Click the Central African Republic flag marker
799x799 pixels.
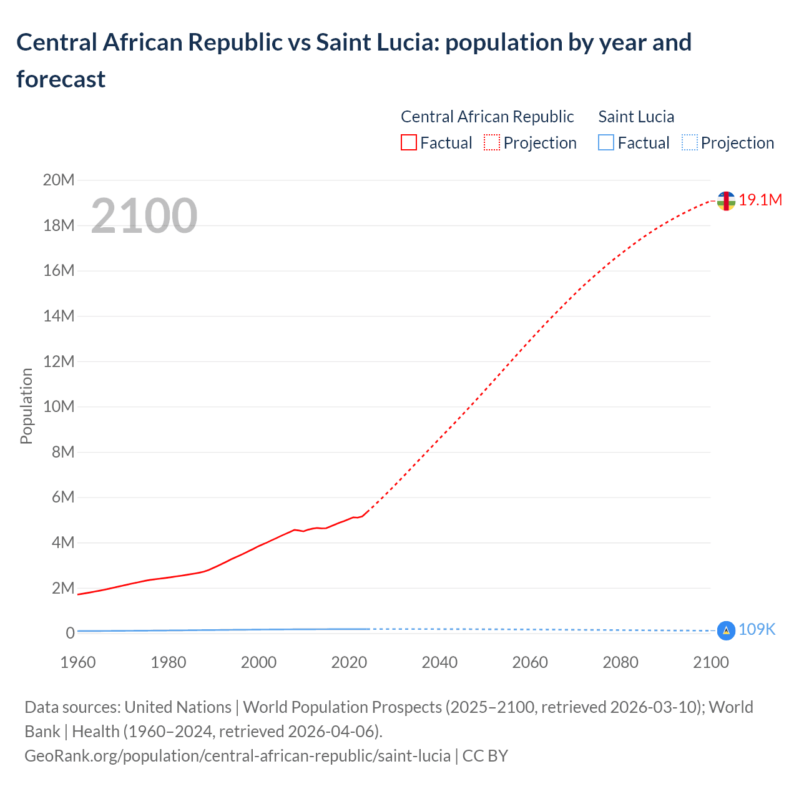click(x=726, y=201)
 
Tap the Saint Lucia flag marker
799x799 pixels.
click(x=726, y=630)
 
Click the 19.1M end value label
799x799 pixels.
click(x=760, y=200)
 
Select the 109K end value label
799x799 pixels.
click(x=757, y=629)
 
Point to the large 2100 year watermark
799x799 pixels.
click(x=144, y=216)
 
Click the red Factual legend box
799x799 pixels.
click(x=408, y=143)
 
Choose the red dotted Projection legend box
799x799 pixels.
click(x=492, y=143)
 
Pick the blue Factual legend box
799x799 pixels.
click(x=605, y=143)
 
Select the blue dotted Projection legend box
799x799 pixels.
click(x=689, y=143)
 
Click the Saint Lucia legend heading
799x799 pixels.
click(x=636, y=117)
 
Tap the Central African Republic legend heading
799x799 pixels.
click(x=487, y=117)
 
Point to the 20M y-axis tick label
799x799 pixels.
click(x=59, y=180)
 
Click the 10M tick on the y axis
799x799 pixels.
click(x=59, y=406)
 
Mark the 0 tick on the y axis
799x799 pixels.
click(x=70, y=633)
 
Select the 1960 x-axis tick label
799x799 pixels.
click(x=78, y=662)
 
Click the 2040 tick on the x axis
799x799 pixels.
click(x=439, y=662)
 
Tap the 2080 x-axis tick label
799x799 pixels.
click(x=620, y=662)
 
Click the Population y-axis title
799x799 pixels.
click(x=26, y=406)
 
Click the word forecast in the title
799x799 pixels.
click(x=61, y=79)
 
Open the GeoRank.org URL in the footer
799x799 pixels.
click(x=237, y=755)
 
